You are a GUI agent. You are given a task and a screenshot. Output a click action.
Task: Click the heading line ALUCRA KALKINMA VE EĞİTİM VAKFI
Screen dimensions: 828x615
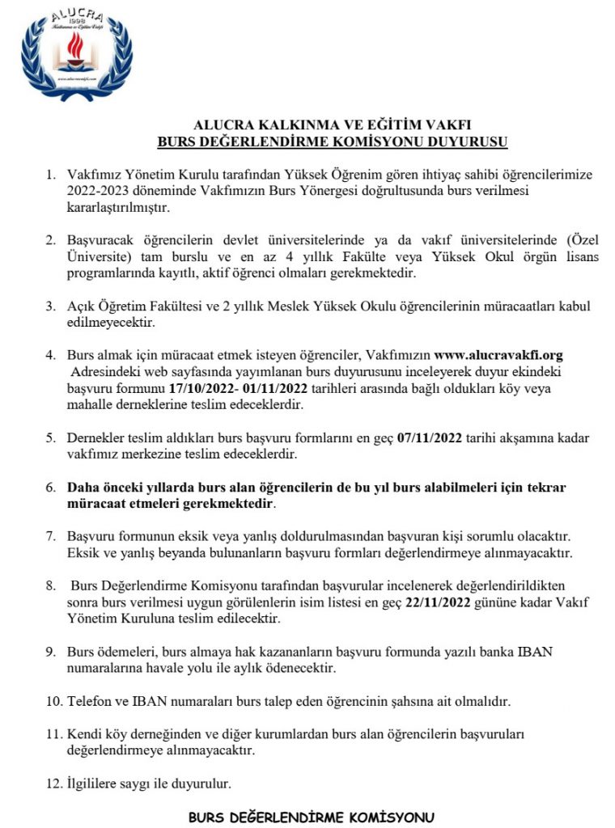point(332,125)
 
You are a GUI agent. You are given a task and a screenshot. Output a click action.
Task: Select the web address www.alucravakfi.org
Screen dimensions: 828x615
point(498,355)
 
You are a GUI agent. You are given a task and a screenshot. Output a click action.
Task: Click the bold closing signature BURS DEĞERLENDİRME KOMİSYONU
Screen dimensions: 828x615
point(312,817)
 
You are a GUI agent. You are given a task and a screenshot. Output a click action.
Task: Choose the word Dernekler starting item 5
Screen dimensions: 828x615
point(95,438)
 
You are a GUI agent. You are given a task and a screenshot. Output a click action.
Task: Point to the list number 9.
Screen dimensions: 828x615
point(50,653)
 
